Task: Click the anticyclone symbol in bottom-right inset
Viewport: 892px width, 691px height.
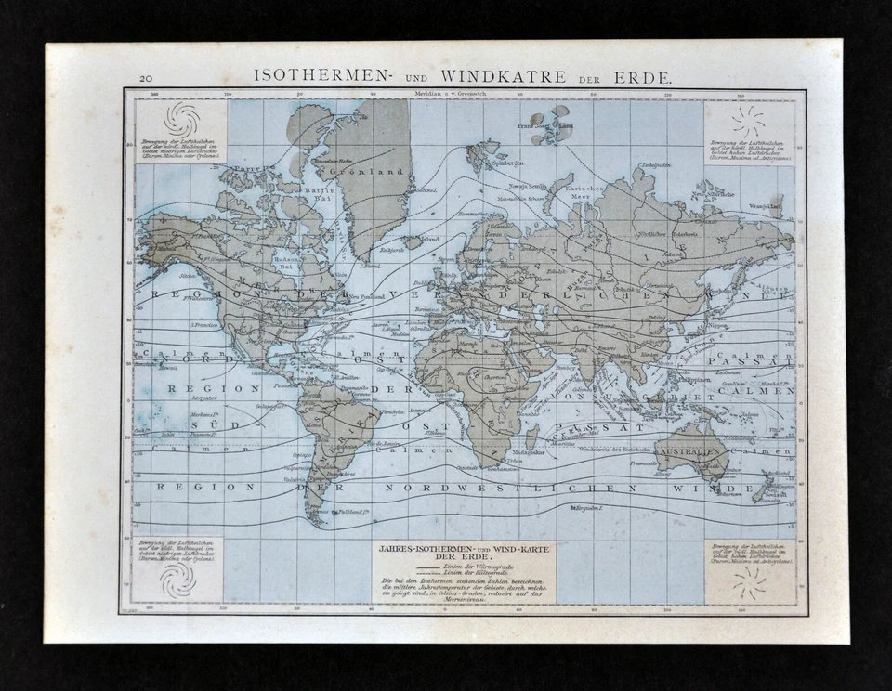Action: pos(749,581)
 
